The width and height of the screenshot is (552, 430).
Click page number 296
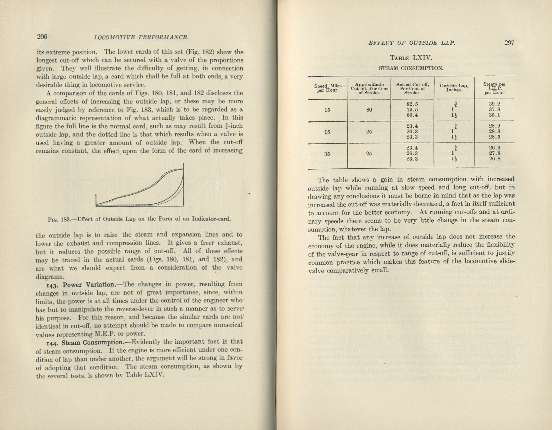(x=42, y=36)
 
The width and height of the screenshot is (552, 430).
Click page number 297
(x=509, y=43)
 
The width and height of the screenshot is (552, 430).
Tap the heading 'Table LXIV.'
(x=411, y=58)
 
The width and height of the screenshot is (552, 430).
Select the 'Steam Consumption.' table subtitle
(x=411, y=68)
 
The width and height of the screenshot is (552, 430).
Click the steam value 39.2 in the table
(x=494, y=104)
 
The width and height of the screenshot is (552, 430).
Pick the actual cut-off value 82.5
(x=412, y=104)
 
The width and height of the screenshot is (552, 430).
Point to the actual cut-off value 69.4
(x=412, y=115)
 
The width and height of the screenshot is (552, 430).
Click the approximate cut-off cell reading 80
(x=369, y=109)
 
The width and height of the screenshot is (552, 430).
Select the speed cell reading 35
(x=327, y=153)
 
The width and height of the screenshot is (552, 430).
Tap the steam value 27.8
(x=494, y=153)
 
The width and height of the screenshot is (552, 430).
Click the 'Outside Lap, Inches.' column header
(x=454, y=88)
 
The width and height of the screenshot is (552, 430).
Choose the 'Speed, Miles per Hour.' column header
(x=328, y=88)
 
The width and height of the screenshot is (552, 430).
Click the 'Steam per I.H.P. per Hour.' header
(x=494, y=88)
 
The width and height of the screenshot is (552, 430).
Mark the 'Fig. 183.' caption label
(x=58, y=219)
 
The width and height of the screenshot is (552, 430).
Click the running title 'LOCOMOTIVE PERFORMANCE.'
(x=141, y=37)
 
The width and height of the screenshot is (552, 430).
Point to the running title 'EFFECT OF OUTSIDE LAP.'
(x=412, y=43)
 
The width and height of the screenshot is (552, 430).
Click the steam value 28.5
(x=494, y=137)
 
